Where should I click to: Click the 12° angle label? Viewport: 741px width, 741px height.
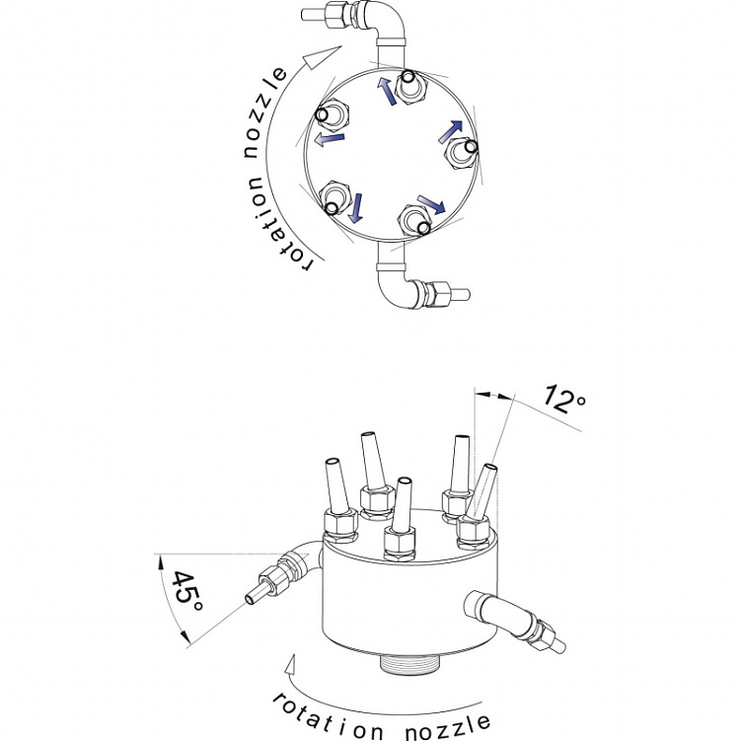[564, 400]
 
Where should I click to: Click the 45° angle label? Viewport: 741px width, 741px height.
[185, 591]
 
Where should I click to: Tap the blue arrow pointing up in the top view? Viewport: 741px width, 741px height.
[387, 91]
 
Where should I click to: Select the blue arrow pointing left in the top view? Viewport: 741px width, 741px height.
[330, 139]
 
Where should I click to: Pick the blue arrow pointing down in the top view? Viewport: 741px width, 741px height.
[356, 207]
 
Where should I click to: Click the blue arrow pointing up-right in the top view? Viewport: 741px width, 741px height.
[450, 131]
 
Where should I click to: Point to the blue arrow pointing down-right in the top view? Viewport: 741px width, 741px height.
[431, 204]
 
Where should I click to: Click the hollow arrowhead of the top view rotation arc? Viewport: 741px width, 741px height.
[322, 56]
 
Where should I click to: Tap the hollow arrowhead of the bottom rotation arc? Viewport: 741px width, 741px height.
[292, 667]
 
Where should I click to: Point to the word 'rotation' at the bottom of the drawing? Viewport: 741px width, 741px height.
[327, 718]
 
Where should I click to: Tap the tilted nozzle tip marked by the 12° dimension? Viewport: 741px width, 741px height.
[490, 468]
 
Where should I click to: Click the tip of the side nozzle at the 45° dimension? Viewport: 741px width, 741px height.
[250, 600]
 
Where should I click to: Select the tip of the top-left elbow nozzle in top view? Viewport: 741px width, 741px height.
[304, 14]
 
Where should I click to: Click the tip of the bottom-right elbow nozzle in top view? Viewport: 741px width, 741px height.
[467, 295]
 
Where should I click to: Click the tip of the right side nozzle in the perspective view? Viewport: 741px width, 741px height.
[560, 646]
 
